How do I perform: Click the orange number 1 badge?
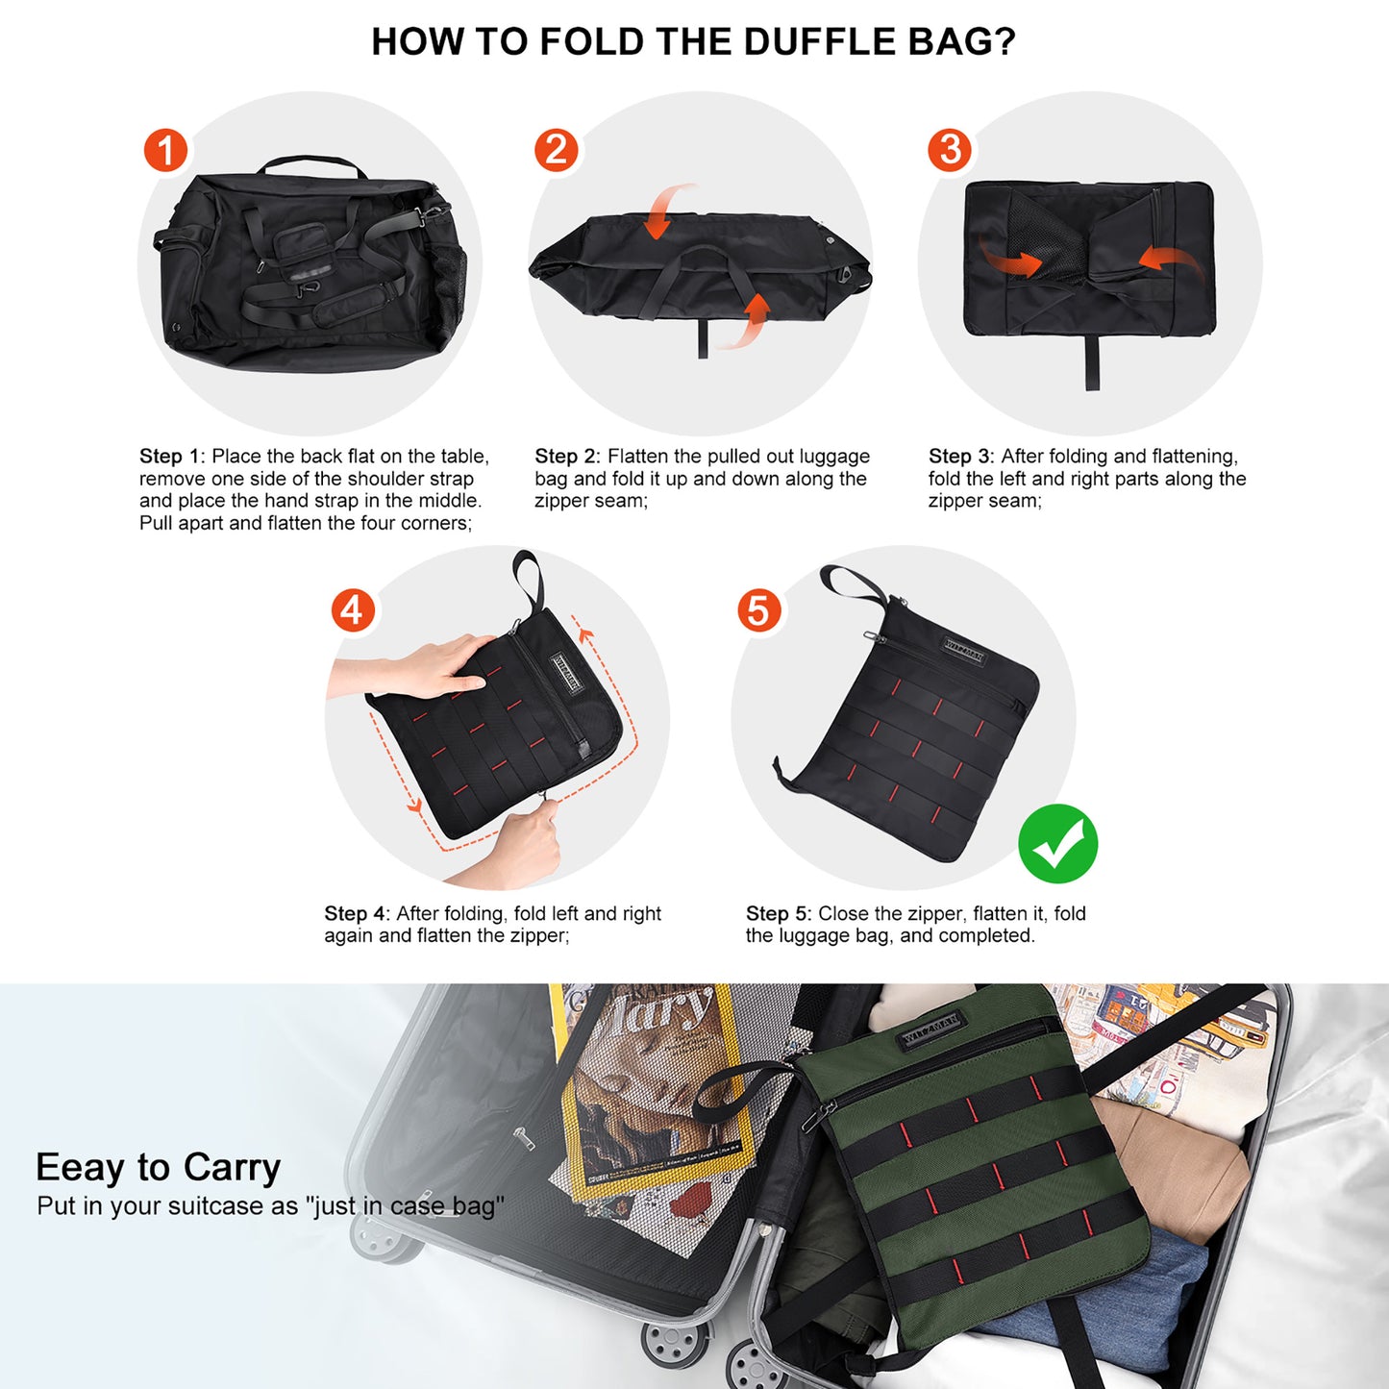click(x=165, y=151)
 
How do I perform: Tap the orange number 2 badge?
click(x=556, y=151)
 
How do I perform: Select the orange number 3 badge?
click(x=950, y=150)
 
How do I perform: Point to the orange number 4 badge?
click(x=353, y=610)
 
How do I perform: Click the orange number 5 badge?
click(x=759, y=610)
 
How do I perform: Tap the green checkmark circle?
click(x=1057, y=844)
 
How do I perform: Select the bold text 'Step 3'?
click(x=960, y=457)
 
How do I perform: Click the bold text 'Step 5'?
click(x=778, y=913)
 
